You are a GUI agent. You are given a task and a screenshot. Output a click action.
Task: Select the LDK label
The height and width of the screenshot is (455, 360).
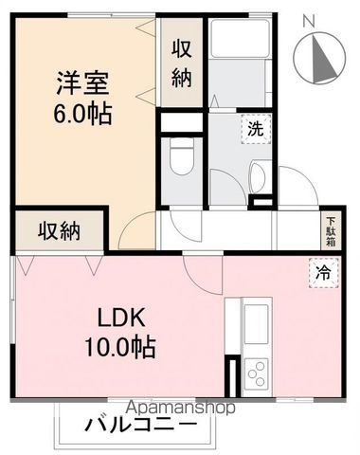(121, 316)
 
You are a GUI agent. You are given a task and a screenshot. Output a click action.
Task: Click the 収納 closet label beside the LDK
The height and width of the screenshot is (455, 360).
(59, 229)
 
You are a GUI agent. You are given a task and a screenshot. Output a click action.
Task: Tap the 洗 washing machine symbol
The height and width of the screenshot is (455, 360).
(256, 128)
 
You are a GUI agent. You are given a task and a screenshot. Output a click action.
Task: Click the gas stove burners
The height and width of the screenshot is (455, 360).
(256, 372)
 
